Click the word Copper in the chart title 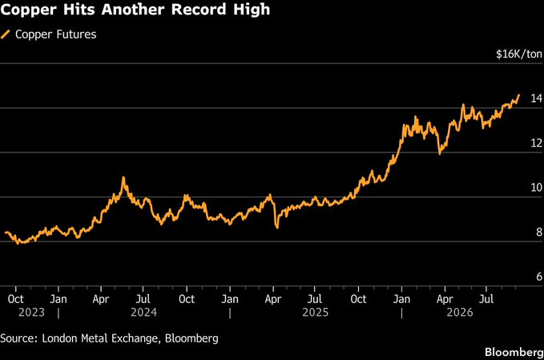29,10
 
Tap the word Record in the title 199,9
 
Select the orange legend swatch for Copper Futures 6,34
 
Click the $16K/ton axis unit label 519,55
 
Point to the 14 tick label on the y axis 536,99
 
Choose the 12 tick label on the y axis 536,143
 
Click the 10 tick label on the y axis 536,188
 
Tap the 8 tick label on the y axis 539,232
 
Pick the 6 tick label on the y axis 539,277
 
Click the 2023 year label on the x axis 31,313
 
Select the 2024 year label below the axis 143,313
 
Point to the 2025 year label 315,313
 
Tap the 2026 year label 460,313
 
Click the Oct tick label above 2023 15,299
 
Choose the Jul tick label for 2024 143,299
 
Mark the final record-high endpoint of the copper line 519,95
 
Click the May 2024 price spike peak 123,178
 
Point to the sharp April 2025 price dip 277,228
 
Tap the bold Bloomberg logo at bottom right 514,352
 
